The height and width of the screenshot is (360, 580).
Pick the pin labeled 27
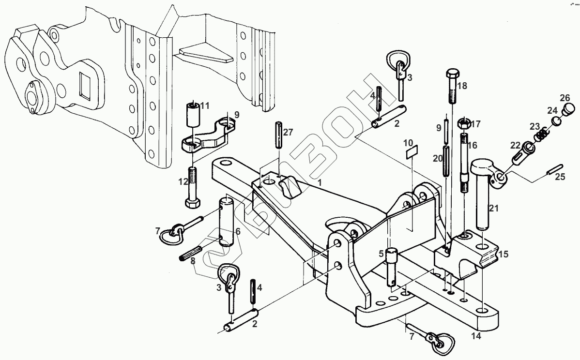[279, 135]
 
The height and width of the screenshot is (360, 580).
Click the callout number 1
[320, 183]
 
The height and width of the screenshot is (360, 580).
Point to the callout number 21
[493, 209]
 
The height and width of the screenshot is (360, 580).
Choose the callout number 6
[238, 231]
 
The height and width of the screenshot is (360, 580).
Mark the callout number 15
[504, 254]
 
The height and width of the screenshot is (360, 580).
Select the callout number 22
[515, 146]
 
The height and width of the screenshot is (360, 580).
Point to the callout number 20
[437, 158]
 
